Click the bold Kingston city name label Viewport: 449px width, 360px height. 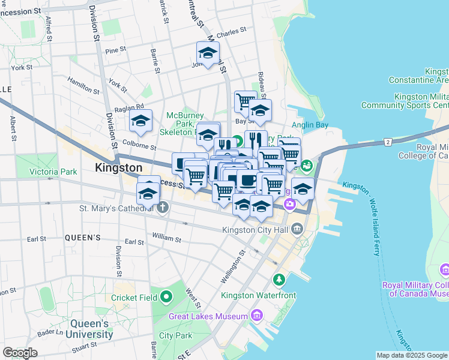click(x=118, y=168)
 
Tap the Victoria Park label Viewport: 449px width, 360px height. click(x=53, y=172)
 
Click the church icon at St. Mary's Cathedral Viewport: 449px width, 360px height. click(x=162, y=208)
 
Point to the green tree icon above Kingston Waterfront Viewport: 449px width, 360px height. click(x=279, y=280)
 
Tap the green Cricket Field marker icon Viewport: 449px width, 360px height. click(x=166, y=296)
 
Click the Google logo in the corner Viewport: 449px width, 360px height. click(x=20, y=353)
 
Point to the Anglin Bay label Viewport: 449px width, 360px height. click(x=310, y=125)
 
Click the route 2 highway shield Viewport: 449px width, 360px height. click(x=388, y=142)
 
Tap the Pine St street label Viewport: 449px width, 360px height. click(x=115, y=50)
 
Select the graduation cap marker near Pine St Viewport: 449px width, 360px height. click(x=208, y=53)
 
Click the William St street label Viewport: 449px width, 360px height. click(x=167, y=239)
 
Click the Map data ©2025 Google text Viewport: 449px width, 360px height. click(x=412, y=355)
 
